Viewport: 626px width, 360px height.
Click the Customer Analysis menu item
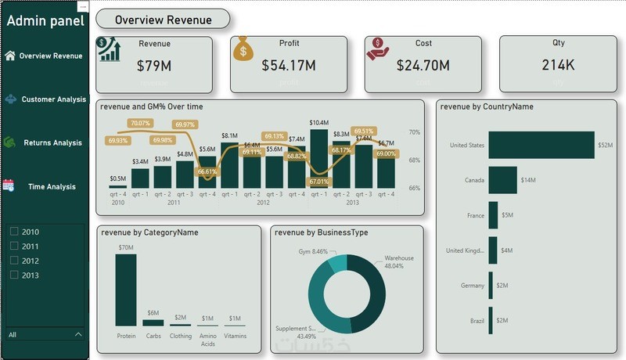click(53, 99)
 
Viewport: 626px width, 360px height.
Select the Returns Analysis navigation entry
click(52, 143)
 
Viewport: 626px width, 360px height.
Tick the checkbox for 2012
click(14, 261)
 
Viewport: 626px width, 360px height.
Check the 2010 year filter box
click(14, 232)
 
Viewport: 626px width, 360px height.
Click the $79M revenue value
click(154, 66)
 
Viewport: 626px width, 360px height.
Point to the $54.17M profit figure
click(289, 66)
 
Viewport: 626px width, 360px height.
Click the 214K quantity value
click(558, 65)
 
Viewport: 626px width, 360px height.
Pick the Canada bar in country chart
click(502, 180)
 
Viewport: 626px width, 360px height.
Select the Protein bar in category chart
click(126, 289)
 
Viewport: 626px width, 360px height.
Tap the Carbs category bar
click(153, 322)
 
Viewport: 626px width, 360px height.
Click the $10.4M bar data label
click(319, 123)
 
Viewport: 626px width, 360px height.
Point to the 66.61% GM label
click(207, 171)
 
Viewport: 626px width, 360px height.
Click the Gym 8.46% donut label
click(313, 252)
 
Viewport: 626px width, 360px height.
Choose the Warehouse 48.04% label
click(399, 261)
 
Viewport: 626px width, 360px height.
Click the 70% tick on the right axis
click(415, 133)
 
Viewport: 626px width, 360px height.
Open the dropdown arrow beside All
click(77, 335)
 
